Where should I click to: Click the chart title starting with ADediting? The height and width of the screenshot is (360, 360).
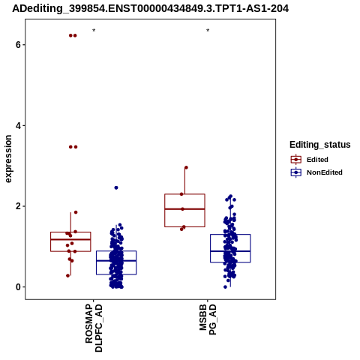tap(151, 8)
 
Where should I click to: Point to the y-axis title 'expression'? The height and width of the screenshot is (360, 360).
tap(8, 159)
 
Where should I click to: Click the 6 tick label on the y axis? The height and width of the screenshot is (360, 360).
tap(18, 45)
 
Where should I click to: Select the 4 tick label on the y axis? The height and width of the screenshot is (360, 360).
tap(18, 125)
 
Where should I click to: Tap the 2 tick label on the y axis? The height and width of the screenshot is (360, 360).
tap(18, 206)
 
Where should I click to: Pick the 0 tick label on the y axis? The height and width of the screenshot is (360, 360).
tap(18, 287)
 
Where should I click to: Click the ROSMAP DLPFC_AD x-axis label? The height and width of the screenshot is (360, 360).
tap(94, 328)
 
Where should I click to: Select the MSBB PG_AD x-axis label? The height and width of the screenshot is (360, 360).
tap(208, 319)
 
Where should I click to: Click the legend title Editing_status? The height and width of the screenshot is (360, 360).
tap(320, 145)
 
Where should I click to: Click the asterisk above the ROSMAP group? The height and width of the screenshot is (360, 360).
tap(94, 31)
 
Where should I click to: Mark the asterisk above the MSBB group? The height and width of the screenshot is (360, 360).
tap(208, 31)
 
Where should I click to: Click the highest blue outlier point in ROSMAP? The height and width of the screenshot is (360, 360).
tap(116, 187)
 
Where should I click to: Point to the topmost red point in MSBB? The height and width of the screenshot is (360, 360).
tap(186, 167)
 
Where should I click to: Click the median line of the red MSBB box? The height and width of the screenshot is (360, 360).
tap(184, 209)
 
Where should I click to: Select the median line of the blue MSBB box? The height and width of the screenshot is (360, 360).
tap(230, 251)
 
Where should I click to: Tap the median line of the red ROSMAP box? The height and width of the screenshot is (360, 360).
tap(70, 239)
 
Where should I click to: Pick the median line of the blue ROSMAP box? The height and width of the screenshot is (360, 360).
tap(116, 261)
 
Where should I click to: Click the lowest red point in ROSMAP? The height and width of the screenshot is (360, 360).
tap(67, 276)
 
